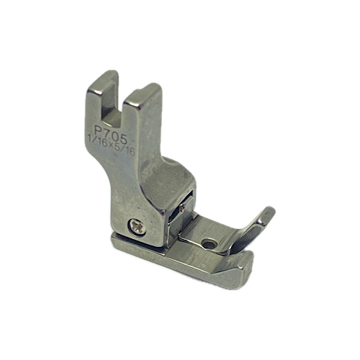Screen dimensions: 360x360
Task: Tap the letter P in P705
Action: click(x=99, y=131)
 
